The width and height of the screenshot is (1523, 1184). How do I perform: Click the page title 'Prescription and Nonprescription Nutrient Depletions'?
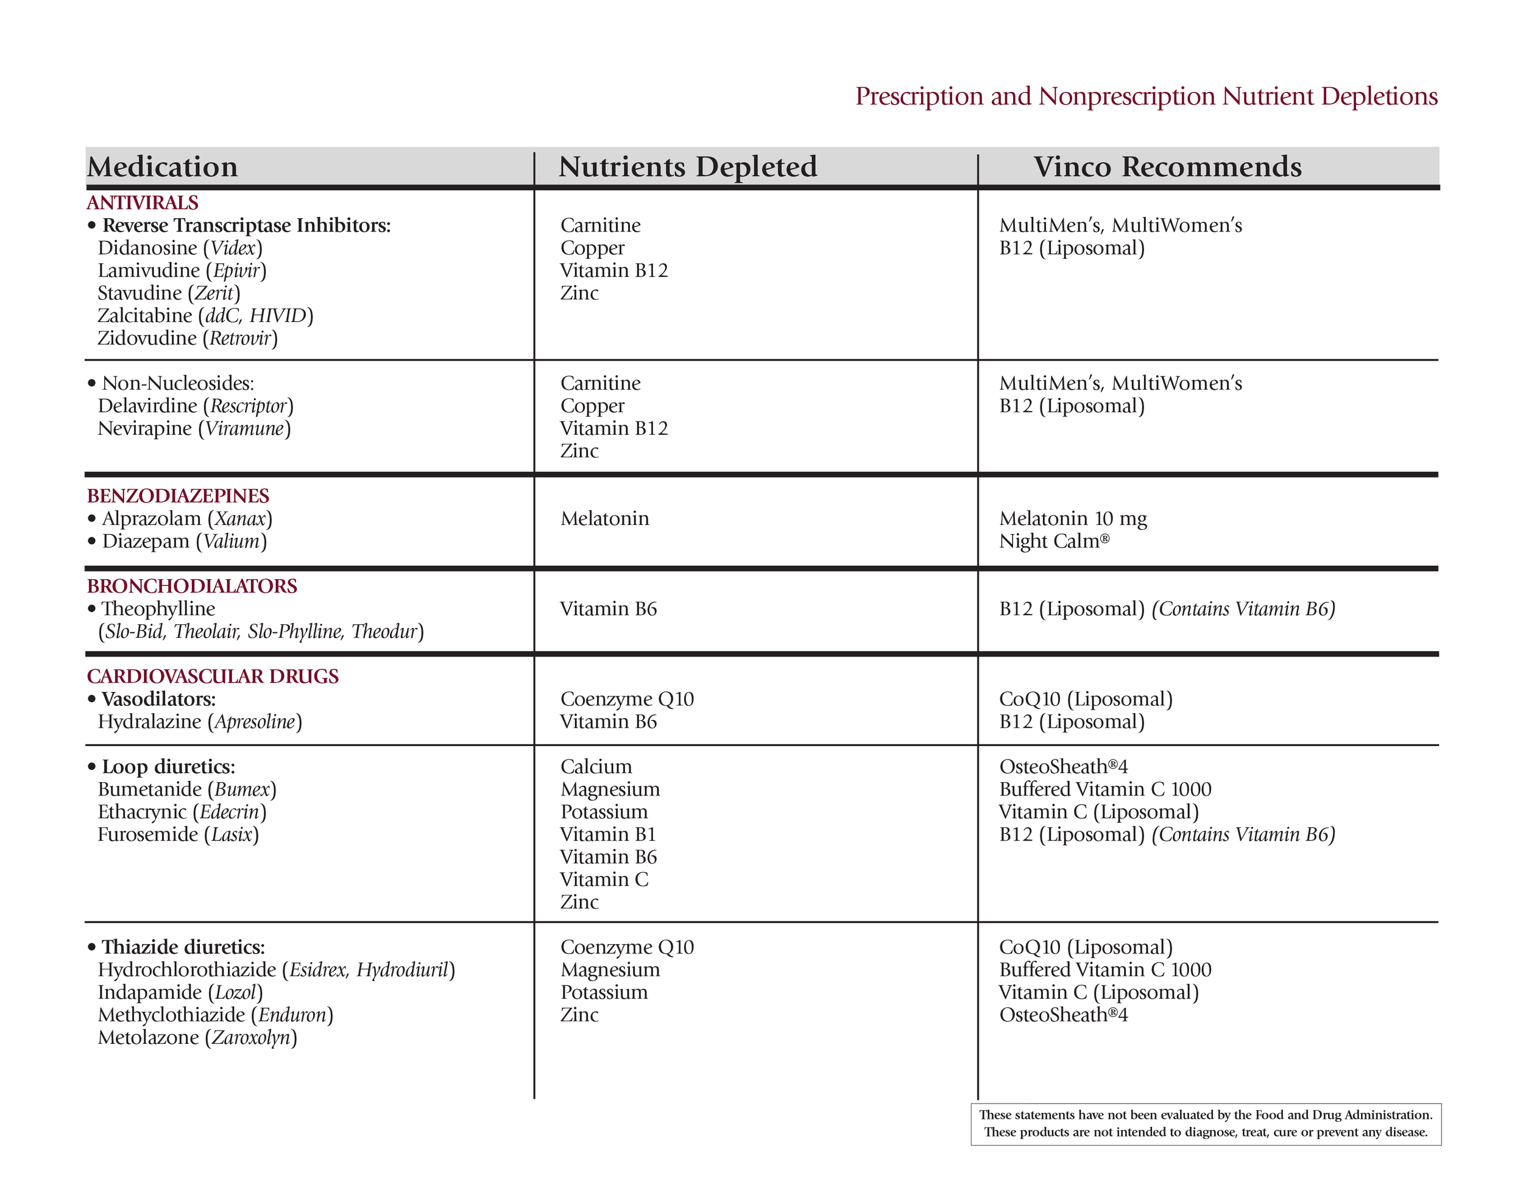click(x=1146, y=96)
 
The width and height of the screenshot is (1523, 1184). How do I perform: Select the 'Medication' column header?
click(x=163, y=167)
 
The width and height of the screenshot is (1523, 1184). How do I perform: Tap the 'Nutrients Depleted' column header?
click(x=688, y=167)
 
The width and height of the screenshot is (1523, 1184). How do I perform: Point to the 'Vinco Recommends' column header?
click(x=1167, y=167)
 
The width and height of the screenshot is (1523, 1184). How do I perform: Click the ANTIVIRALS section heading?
click(x=143, y=203)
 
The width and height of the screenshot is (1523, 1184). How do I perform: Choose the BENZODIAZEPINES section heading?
click(x=178, y=496)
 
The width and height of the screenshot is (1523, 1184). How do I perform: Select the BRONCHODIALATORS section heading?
click(x=192, y=586)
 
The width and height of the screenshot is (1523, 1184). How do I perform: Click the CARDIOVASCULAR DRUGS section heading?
click(x=213, y=677)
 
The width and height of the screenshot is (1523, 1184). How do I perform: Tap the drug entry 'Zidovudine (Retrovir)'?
click(x=188, y=338)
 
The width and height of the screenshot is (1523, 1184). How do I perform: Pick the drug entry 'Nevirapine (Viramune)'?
click(x=194, y=428)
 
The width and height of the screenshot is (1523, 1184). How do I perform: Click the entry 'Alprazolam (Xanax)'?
click(x=187, y=519)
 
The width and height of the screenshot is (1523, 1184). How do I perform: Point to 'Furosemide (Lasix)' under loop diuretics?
click(x=178, y=834)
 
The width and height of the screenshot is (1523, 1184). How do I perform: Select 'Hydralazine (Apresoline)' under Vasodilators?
click(x=199, y=722)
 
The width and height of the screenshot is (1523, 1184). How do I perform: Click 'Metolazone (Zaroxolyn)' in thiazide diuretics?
click(x=197, y=1038)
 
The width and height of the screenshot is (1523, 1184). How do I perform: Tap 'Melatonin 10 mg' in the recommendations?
click(x=1073, y=519)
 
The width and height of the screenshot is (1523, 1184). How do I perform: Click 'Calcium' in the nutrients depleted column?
click(x=596, y=767)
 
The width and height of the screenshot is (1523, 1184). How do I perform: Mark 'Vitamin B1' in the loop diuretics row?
click(x=608, y=834)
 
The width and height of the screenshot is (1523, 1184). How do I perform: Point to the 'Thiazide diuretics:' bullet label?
click(x=183, y=948)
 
